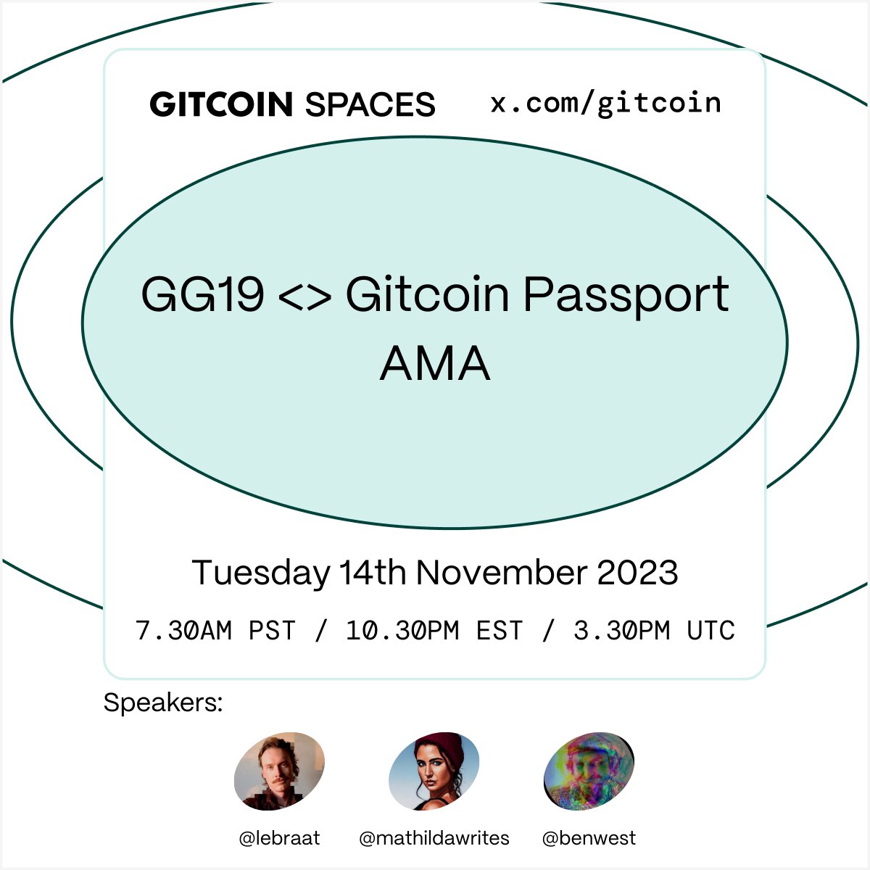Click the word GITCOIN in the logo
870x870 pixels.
[221, 105]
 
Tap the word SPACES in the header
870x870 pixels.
[370, 105]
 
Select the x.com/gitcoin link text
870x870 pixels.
[606, 104]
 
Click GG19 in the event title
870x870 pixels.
[202, 295]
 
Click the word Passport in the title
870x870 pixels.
[626, 295]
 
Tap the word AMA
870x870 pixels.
[435, 363]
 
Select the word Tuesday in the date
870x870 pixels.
[261, 573]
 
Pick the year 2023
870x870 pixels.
[637, 573]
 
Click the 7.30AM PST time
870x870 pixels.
[216, 631]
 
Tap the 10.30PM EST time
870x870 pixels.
[434, 631]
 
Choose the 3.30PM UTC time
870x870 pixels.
[654, 631]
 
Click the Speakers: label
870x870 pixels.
[163, 703]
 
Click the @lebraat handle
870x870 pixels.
[279, 839]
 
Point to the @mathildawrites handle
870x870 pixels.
[434, 839]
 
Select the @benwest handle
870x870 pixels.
[589, 839]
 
